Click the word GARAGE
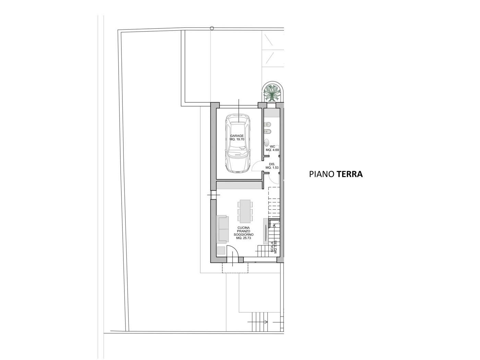tap(237, 136)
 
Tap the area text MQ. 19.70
tap(237, 139)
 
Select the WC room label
tap(272, 147)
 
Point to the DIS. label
tap(272, 164)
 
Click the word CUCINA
tap(243, 228)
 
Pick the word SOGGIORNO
tap(243, 235)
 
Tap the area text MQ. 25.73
tap(243, 238)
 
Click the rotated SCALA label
tap(272, 247)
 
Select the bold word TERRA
tap(349, 174)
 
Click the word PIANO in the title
tap(322, 174)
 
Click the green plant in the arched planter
tap(272, 93)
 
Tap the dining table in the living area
tap(245, 211)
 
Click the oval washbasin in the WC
tap(266, 143)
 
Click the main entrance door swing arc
tap(236, 249)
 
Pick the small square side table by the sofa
tap(221, 251)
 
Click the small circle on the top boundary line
tap(212, 28)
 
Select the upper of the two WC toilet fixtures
tap(268, 125)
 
